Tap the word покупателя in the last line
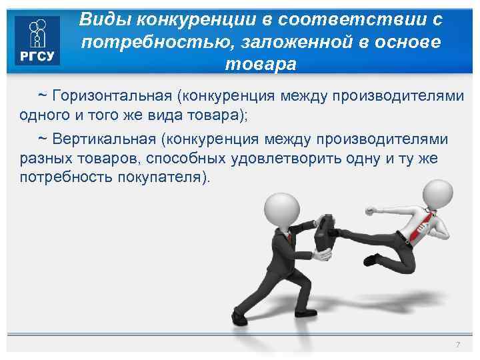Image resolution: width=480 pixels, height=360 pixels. (x=167, y=179)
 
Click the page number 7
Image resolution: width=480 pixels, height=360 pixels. (x=457, y=344)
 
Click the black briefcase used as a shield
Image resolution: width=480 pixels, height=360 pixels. (x=327, y=234)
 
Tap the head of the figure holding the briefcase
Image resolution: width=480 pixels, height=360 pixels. (x=281, y=209)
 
